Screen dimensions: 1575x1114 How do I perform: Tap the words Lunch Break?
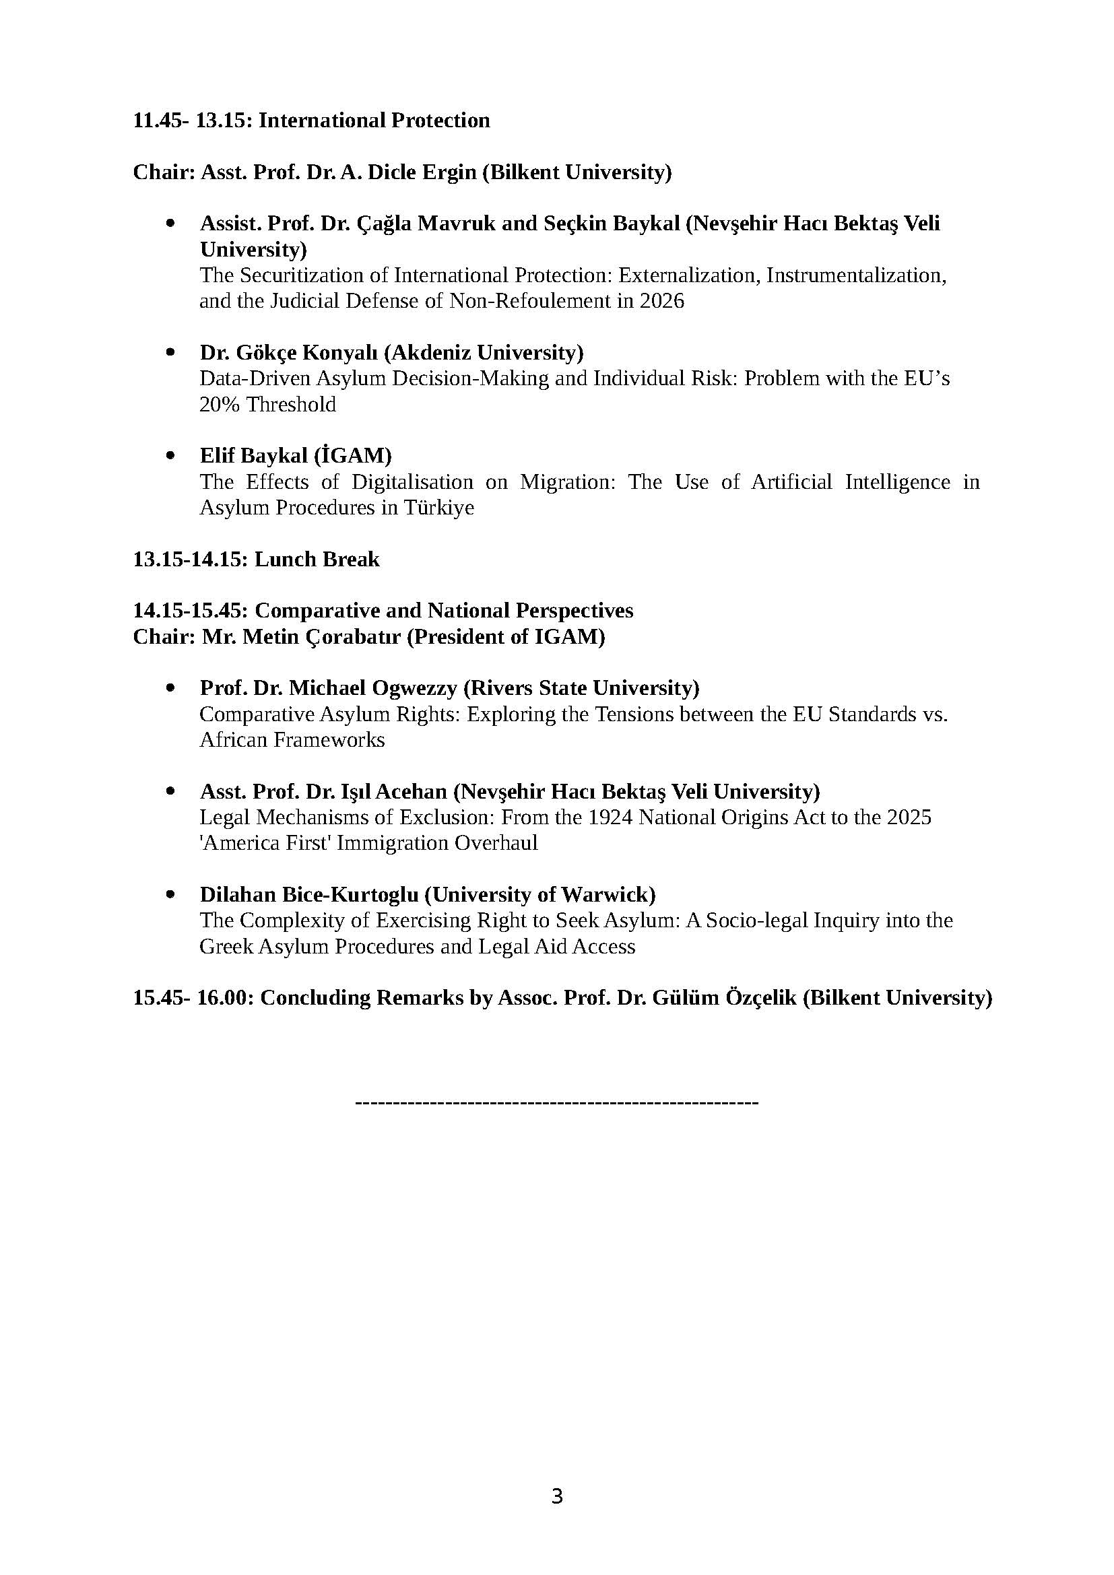[317, 560]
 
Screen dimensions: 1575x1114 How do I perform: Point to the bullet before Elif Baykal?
[171, 455]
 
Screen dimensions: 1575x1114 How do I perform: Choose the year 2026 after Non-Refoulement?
[662, 301]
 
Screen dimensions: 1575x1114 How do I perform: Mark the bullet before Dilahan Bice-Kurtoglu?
[171, 894]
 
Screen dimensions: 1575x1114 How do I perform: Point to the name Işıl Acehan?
[394, 792]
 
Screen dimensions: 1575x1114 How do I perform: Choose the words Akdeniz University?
[484, 353]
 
